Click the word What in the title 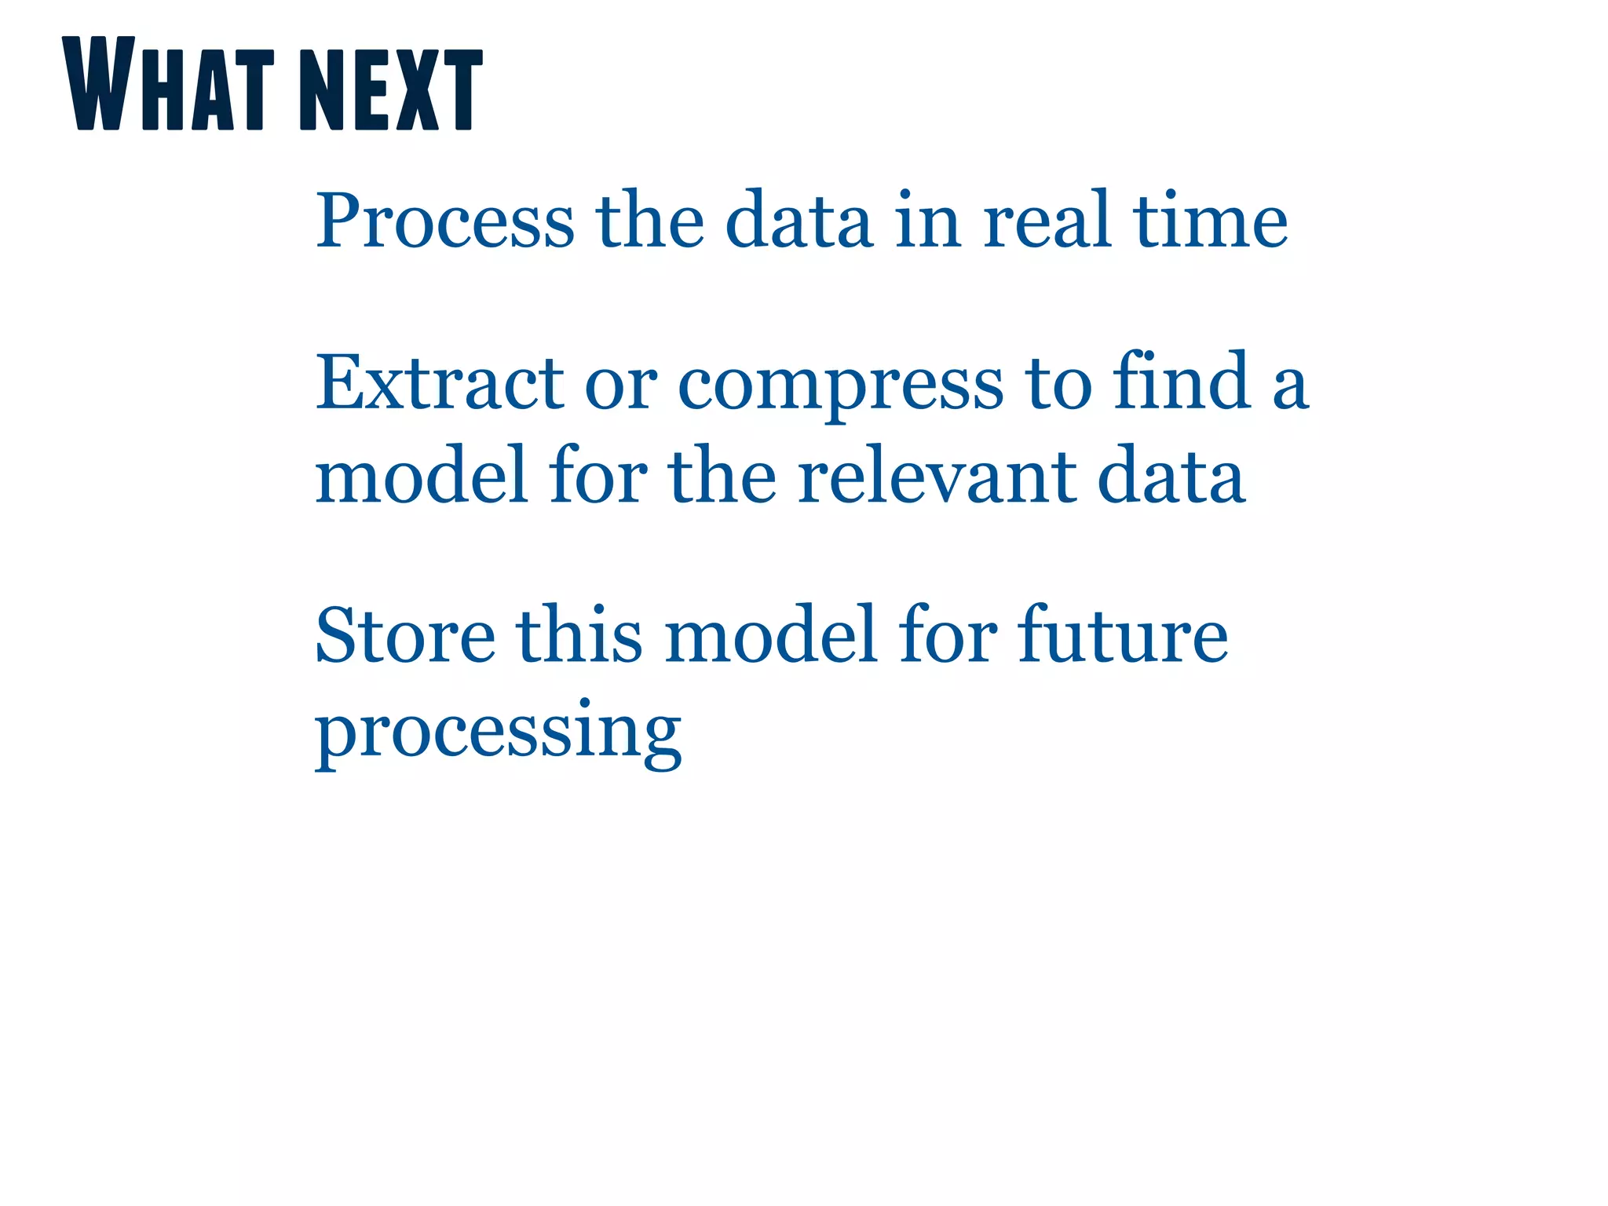tap(168, 84)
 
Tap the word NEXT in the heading tap(390, 88)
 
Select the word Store tap(405, 635)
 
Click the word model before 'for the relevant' tap(421, 476)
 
